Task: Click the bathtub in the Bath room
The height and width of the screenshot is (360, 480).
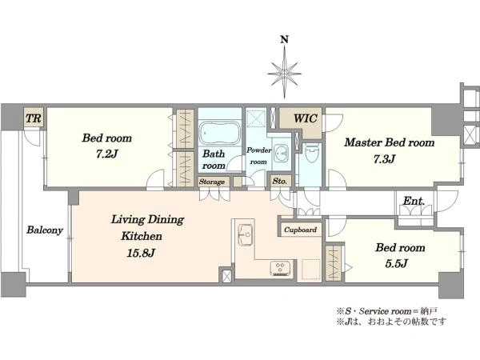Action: (219, 133)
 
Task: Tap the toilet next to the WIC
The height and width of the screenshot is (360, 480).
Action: (312, 154)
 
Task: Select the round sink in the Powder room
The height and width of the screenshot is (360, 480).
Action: (282, 152)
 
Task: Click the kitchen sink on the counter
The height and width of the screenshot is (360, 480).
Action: (246, 234)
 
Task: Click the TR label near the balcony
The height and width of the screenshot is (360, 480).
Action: (34, 118)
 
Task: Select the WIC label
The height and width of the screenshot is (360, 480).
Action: (306, 118)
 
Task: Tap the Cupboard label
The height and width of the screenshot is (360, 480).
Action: (300, 230)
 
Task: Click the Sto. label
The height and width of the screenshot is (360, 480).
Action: (280, 181)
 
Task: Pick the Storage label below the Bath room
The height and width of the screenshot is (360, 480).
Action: (212, 182)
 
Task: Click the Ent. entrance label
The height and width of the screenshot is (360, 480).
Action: (414, 201)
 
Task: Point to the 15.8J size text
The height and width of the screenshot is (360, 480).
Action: (141, 253)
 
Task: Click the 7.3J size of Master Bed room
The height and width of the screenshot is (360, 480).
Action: (385, 159)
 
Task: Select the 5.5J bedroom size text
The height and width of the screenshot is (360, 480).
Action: (397, 263)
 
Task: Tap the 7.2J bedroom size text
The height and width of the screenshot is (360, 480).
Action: (107, 154)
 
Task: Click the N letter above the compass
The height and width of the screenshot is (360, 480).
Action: (285, 39)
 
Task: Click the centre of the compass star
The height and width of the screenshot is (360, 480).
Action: (284, 74)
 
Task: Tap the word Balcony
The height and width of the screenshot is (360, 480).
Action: (45, 230)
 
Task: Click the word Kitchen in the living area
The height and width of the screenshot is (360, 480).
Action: (142, 236)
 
